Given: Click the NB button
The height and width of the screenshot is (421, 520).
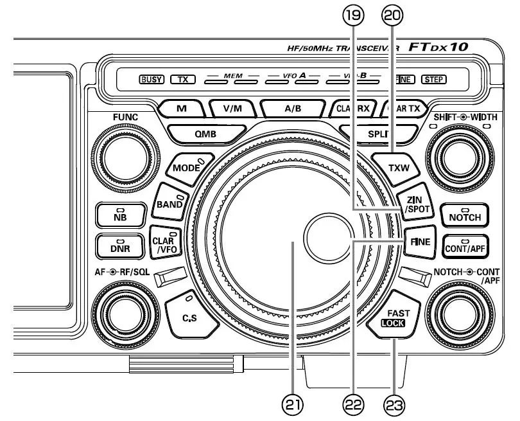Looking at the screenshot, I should pos(120,215).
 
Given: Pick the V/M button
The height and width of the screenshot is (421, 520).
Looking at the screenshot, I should pos(232,109).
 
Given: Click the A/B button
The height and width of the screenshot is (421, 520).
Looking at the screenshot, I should pos(292,109).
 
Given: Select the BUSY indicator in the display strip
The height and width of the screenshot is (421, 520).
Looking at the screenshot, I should pos(152,80).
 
